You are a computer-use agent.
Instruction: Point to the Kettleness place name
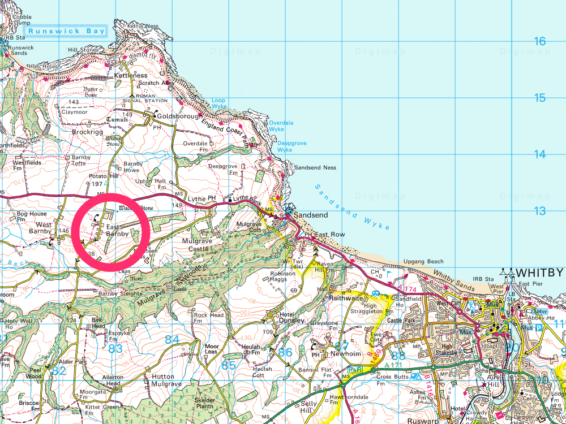131,75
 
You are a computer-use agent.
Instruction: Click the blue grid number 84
172,339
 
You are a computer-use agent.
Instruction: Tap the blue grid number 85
228,366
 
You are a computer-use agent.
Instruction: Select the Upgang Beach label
423,262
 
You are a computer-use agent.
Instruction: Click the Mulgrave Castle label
196,245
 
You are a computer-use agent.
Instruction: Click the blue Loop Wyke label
219,103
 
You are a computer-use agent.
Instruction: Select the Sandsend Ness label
316,168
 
